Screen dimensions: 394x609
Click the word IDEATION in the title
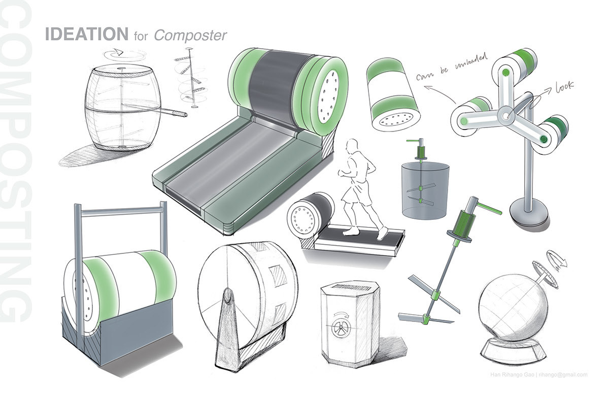pyautogui.click(x=86, y=35)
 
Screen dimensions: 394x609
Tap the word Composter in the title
pyautogui.click(x=190, y=35)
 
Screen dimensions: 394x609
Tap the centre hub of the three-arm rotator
pyautogui.click(x=506, y=116)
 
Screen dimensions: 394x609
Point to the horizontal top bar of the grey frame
pyautogui.click(x=120, y=212)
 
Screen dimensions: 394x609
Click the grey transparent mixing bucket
pyautogui.click(x=425, y=189)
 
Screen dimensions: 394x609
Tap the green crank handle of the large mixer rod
pyautogui.click(x=488, y=207)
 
